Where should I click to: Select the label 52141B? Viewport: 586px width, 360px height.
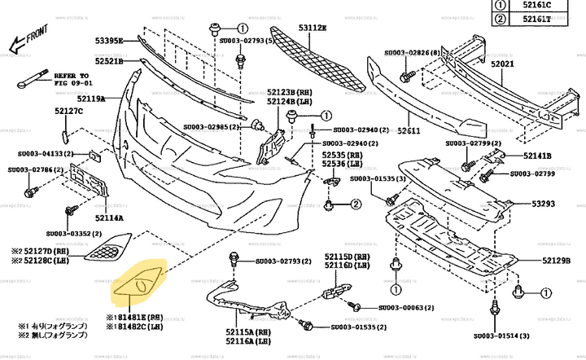pos(537,156)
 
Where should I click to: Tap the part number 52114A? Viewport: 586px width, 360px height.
pos(108,217)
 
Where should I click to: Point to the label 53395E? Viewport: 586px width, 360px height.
pos(108,40)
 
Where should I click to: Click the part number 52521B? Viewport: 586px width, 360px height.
pos(108,61)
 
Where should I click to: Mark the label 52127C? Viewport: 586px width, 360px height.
pos(69,111)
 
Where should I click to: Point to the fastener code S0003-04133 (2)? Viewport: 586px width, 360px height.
pos(46,153)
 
